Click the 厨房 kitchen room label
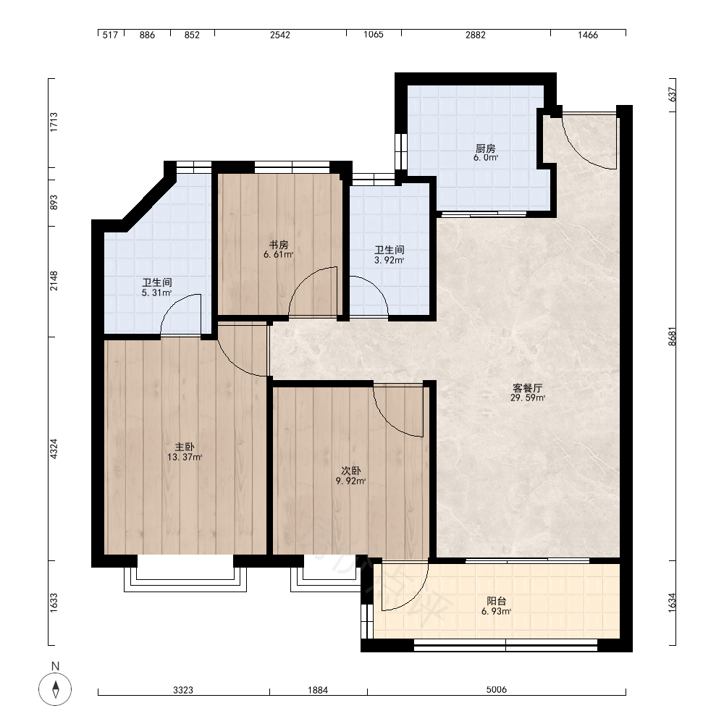(x=485, y=148)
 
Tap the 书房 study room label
(x=279, y=245)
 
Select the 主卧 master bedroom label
(x=184, y=447)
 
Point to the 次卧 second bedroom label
(x=351, y=471)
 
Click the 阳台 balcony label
(x=497, y=601)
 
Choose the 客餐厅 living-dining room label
(x=527, y=388)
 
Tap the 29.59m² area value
(x=528, y=398)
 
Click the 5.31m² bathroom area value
(x=157, y=292)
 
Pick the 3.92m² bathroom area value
(x=390, y=260)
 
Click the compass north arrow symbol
(x=56, y=689)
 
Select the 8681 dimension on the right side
(x=672, y=336)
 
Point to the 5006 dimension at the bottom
(x=497, y=689)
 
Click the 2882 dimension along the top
(x=476, y=35)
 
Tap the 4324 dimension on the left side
(x=54, y=449)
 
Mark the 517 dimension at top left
(x=110, y=35)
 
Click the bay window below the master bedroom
(x=185, y=579)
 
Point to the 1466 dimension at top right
(x=588, y=35)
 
